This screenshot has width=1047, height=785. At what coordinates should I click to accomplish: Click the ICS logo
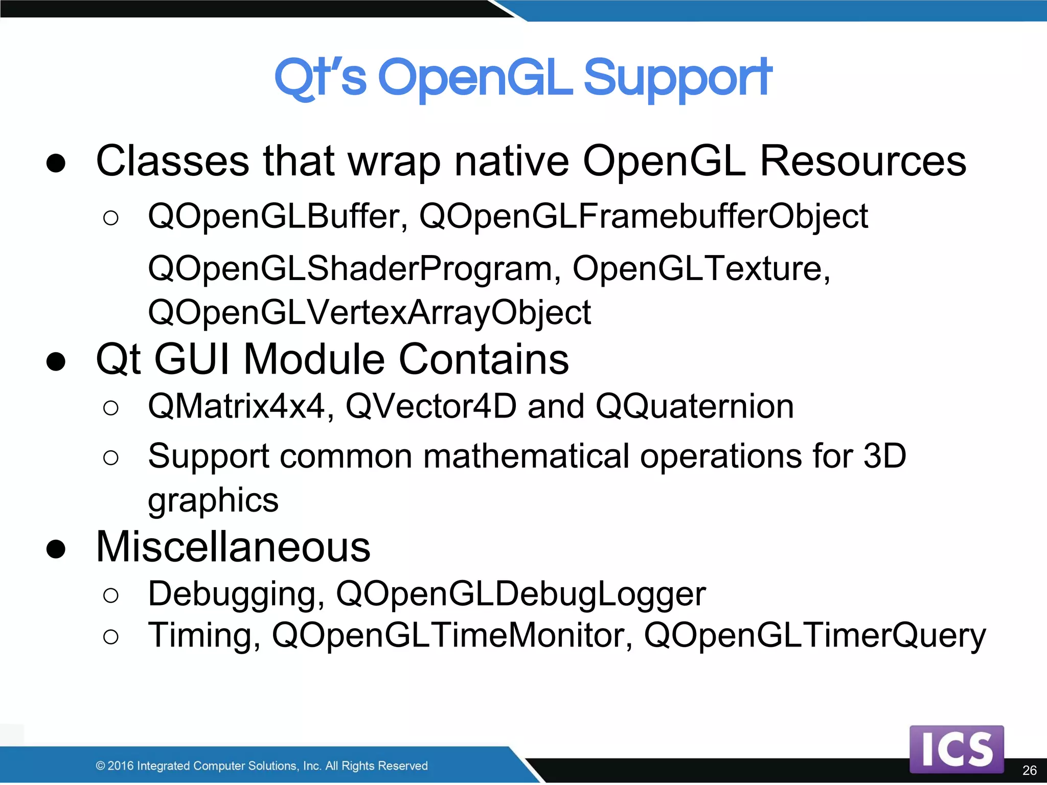pyautogui.click(x=956, y=749)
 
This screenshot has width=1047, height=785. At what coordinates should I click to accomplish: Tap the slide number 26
pyautogui.click(x=1029, y=770)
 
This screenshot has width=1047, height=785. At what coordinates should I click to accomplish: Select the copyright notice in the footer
pyautogui.click(x=262, y=766)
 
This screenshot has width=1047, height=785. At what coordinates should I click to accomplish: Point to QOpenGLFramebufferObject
pyautogui.click(x=643, y=217)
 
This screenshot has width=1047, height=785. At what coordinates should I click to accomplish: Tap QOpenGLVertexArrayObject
pyautogui.click(x=369, y=313)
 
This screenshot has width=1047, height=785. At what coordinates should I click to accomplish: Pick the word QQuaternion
pyautogui.click(x=694, y=407)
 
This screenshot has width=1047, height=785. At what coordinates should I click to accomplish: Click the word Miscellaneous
pyautogui.click(x=233, y=547)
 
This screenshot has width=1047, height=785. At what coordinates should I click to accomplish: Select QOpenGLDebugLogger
pyautogui.click(x=520, y=594)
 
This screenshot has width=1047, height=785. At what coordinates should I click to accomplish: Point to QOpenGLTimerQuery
pyautogui.click(x=814, y=635)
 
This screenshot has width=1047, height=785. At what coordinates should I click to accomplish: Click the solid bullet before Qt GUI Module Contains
pyautogui.click(x=56, y=361)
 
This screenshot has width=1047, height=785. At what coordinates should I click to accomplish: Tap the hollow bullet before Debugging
pyautogui.click(x=110, y=595)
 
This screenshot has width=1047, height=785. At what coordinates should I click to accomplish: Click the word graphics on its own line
pyautogui.click(x=213, y=500)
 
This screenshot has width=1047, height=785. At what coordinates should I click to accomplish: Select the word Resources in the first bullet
pyautogui.click(x=863, y=161)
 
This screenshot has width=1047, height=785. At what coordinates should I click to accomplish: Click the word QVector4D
pyautogui.click(x=431, y=407)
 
